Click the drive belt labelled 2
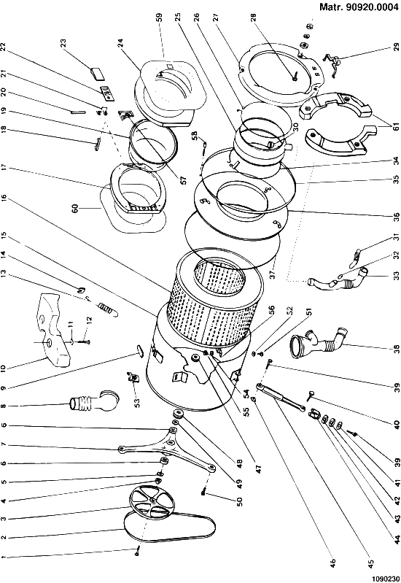[x=126, y=528]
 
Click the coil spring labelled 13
[x=108, y=309]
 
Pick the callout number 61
[x=396, y=127]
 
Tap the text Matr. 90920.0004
[x=359, y=7]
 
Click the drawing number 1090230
[x=384, y=579]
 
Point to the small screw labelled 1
[x=137, y=553]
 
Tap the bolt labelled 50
[x=203, y=493]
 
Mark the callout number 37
[x=273, y=274]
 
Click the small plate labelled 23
[x=98, y=73]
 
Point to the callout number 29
[x=396, y=47]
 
